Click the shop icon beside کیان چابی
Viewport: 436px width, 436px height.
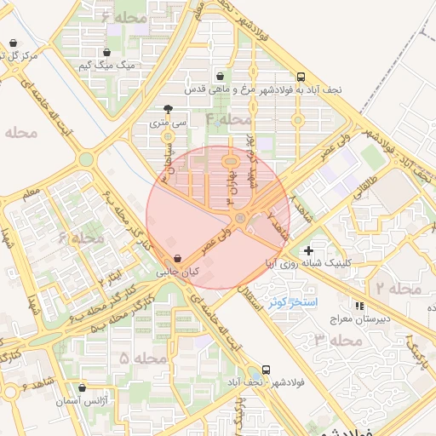(x=176, y=259)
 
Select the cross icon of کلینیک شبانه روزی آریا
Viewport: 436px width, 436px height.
(x=308, y=250)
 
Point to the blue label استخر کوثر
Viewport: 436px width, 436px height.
(x=292, y=302)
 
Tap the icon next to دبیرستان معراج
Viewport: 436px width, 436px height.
(x=359, y=305)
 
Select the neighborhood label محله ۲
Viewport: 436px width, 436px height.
(x=398, y=290)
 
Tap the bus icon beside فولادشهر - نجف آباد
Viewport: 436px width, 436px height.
(x=267, y=370)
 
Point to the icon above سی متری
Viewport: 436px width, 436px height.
(x=168, y=109)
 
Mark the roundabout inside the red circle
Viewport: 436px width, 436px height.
(x=241, y=221)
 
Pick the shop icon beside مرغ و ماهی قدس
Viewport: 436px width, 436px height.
(x=221, y=76)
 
